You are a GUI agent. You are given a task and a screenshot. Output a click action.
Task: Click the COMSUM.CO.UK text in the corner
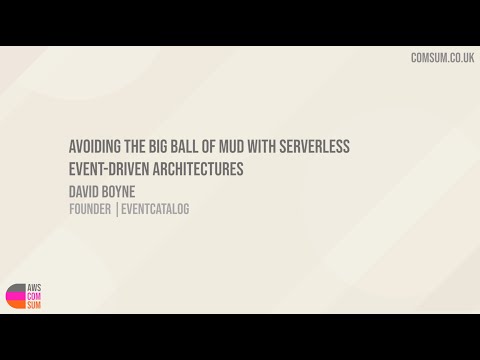[441, 58]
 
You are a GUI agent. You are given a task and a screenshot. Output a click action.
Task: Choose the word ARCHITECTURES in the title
[195, 169]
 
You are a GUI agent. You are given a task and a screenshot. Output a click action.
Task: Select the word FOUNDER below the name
[90, 209]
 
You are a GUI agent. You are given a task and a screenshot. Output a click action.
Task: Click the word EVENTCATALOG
[156, 209]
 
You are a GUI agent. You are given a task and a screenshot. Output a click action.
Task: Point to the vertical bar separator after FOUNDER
[117, 209]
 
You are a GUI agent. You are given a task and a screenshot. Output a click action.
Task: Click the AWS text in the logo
[34, 287]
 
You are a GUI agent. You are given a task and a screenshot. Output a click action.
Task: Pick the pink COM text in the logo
[34, 296]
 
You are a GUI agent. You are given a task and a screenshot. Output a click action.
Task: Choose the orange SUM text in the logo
[34, 305]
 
